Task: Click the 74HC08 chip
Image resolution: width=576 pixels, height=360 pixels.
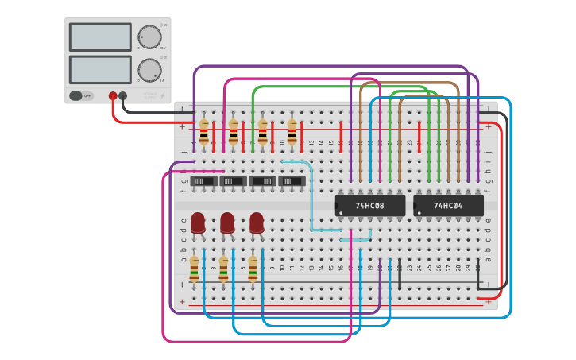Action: coord(369,206)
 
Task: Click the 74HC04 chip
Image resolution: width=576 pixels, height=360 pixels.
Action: coord(448,206)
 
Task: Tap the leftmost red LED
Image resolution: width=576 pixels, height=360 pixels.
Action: coord(198,223)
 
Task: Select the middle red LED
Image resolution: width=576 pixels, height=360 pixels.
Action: coord(227,223)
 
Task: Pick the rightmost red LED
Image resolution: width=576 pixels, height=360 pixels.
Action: coord(257,223)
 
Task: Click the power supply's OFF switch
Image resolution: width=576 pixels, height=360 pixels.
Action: coord(80,95)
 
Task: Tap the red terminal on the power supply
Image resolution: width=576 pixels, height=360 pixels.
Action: coord(113,96)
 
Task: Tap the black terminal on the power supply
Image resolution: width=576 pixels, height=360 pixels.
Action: coord(123,96)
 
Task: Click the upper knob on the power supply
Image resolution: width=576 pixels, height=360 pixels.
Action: coord(149,37)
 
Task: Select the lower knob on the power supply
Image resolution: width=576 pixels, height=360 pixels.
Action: coord(149,69)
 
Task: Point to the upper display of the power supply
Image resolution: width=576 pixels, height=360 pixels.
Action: coord(100,37)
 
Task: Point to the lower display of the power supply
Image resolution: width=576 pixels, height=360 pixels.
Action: coord(100,69)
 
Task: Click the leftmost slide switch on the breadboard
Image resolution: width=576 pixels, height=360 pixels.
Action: coord(205,182)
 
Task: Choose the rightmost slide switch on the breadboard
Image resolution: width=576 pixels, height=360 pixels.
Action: coord(292,182)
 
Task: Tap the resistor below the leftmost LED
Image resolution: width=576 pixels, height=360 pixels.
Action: coord(194,269)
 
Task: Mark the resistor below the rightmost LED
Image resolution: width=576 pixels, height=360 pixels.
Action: coord(253,269)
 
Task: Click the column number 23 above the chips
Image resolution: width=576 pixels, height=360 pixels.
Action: coord(409,143)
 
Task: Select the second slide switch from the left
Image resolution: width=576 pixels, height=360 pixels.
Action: coord(234,182)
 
